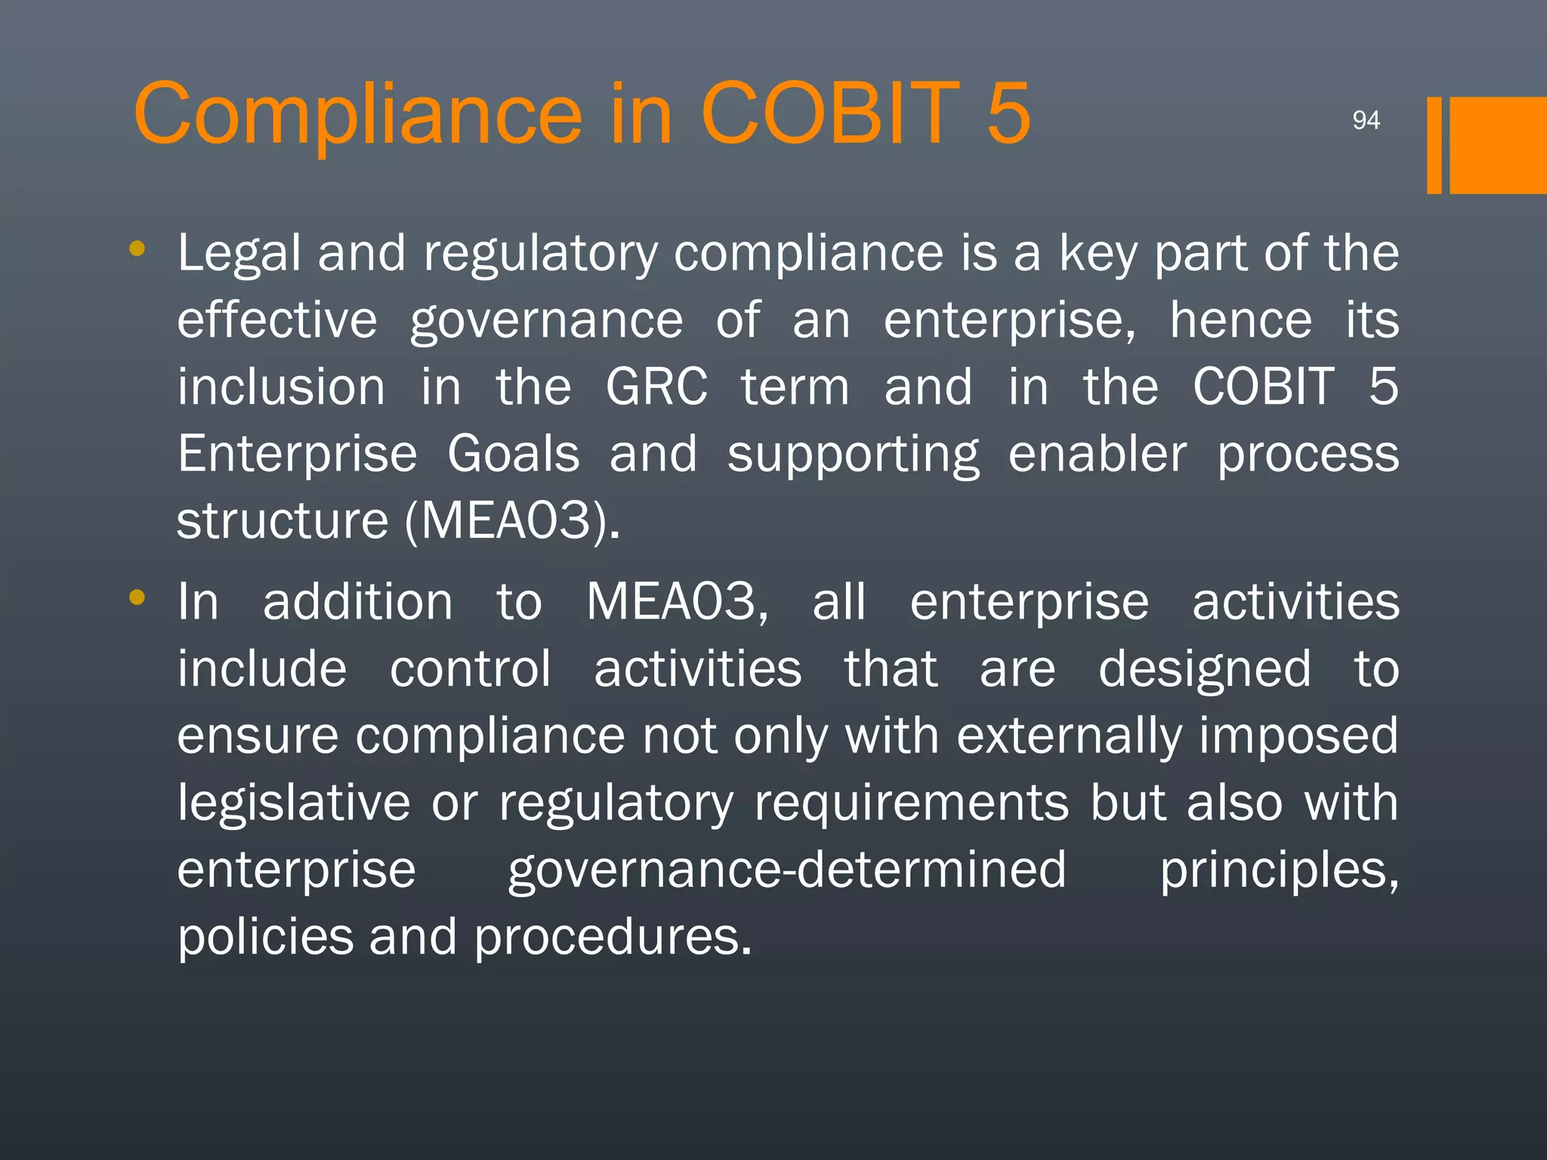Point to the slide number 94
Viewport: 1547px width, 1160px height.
1366,120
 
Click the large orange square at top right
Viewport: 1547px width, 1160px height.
1497,145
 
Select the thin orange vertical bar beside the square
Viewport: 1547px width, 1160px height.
1434,145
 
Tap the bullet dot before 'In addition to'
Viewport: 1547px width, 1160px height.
137,597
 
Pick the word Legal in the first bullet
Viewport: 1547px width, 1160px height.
239,254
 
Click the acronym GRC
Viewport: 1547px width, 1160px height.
656,387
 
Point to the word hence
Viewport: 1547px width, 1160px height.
1241,320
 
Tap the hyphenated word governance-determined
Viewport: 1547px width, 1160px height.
786,870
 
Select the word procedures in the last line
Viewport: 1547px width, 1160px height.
613,937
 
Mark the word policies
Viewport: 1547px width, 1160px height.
265,937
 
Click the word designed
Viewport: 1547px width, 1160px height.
1204,669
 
